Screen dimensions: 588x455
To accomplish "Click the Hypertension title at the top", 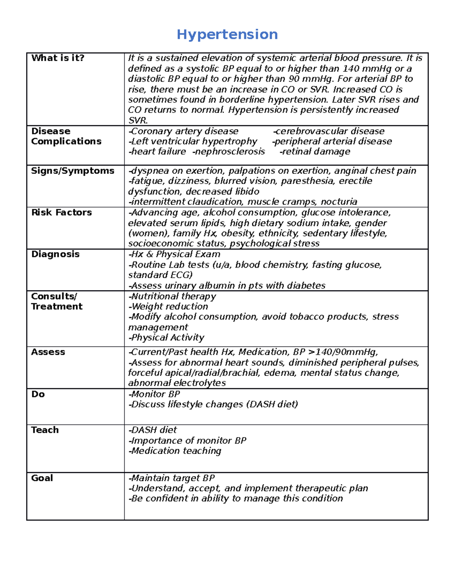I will click(x=227, y=34).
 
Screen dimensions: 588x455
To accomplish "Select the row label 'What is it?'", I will click(x=58, y=58).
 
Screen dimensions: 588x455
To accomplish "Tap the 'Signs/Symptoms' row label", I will click(x=72, y=171).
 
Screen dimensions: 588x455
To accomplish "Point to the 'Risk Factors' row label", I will click(x=61, y=212).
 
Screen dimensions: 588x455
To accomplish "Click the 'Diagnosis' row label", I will click(x=55, y=254).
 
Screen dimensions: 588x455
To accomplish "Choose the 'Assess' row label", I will click(x=48, y=352).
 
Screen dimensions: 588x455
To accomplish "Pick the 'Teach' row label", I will click(x=45, y=430).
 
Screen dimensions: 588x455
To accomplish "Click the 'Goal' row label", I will click(x=42, y=478).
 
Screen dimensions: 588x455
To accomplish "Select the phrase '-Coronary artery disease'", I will click(x=184, y=131).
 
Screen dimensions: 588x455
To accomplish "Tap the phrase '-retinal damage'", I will click(x=315, y=152).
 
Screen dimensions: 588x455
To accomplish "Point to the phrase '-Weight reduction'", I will click(x=168, y=307).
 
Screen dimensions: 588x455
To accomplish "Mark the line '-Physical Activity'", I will click(x=166, y=338).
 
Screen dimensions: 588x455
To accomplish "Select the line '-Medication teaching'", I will click(x=175, y=451).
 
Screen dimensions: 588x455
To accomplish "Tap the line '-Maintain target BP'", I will click(x=171, y=478).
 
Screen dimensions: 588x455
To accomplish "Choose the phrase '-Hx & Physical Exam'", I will click(x=174, y=254).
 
